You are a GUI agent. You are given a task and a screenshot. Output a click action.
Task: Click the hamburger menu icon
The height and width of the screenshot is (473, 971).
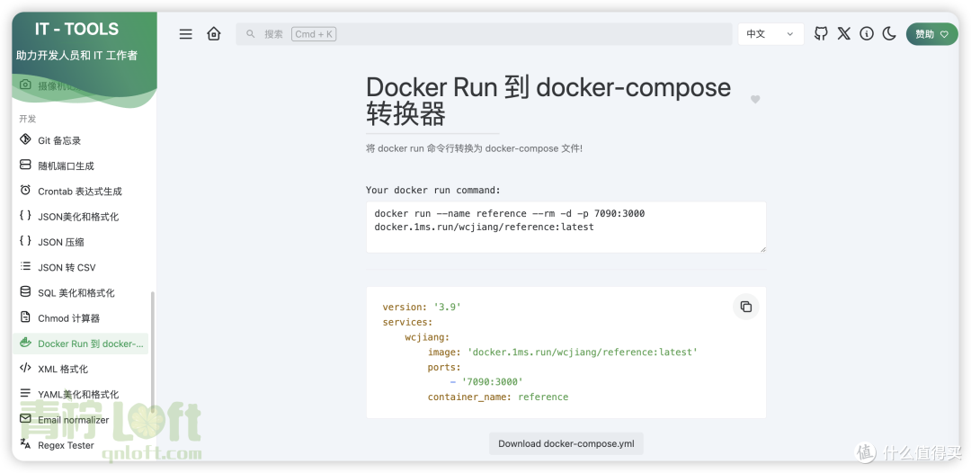pyautogui.click(x=186, y=34)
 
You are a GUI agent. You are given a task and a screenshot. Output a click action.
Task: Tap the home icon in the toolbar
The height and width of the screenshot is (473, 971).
pyautogui.click(x=214, y=33)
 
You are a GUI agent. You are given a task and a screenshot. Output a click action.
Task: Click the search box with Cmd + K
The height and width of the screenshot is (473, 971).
pyautogui.click(x=484, y=34)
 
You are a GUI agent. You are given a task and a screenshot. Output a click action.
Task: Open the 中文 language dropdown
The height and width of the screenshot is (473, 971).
pyautogui.click(x=771, y=34)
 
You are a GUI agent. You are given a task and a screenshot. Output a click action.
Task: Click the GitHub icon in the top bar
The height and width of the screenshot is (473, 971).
pyautogui.click(x=821, y=33)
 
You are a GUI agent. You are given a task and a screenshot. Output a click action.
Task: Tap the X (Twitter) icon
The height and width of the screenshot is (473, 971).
pyautogui.click(x=844, y=33)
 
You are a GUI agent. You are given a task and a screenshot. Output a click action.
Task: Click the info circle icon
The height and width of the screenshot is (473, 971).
pyautogui.click(x=867, y=33)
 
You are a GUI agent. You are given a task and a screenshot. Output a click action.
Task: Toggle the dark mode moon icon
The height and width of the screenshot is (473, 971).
pyautogui.click(x=889, y=33)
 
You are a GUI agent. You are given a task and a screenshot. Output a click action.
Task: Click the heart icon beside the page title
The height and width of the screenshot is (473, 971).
pyautogui.click(x=755, y=99)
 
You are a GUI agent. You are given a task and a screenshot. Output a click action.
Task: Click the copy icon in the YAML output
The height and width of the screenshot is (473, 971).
pyautogui.click(x=746, y=307)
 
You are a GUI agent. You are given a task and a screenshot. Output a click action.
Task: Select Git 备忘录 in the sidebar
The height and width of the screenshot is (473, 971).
pyautogui.click(x=59, y=140)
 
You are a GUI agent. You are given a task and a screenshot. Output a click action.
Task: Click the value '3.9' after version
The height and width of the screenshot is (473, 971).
pyautogui.click(x=447, y=307)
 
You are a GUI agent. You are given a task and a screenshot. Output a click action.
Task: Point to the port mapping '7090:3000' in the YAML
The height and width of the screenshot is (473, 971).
pyautogui.click(x=493, y=382)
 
